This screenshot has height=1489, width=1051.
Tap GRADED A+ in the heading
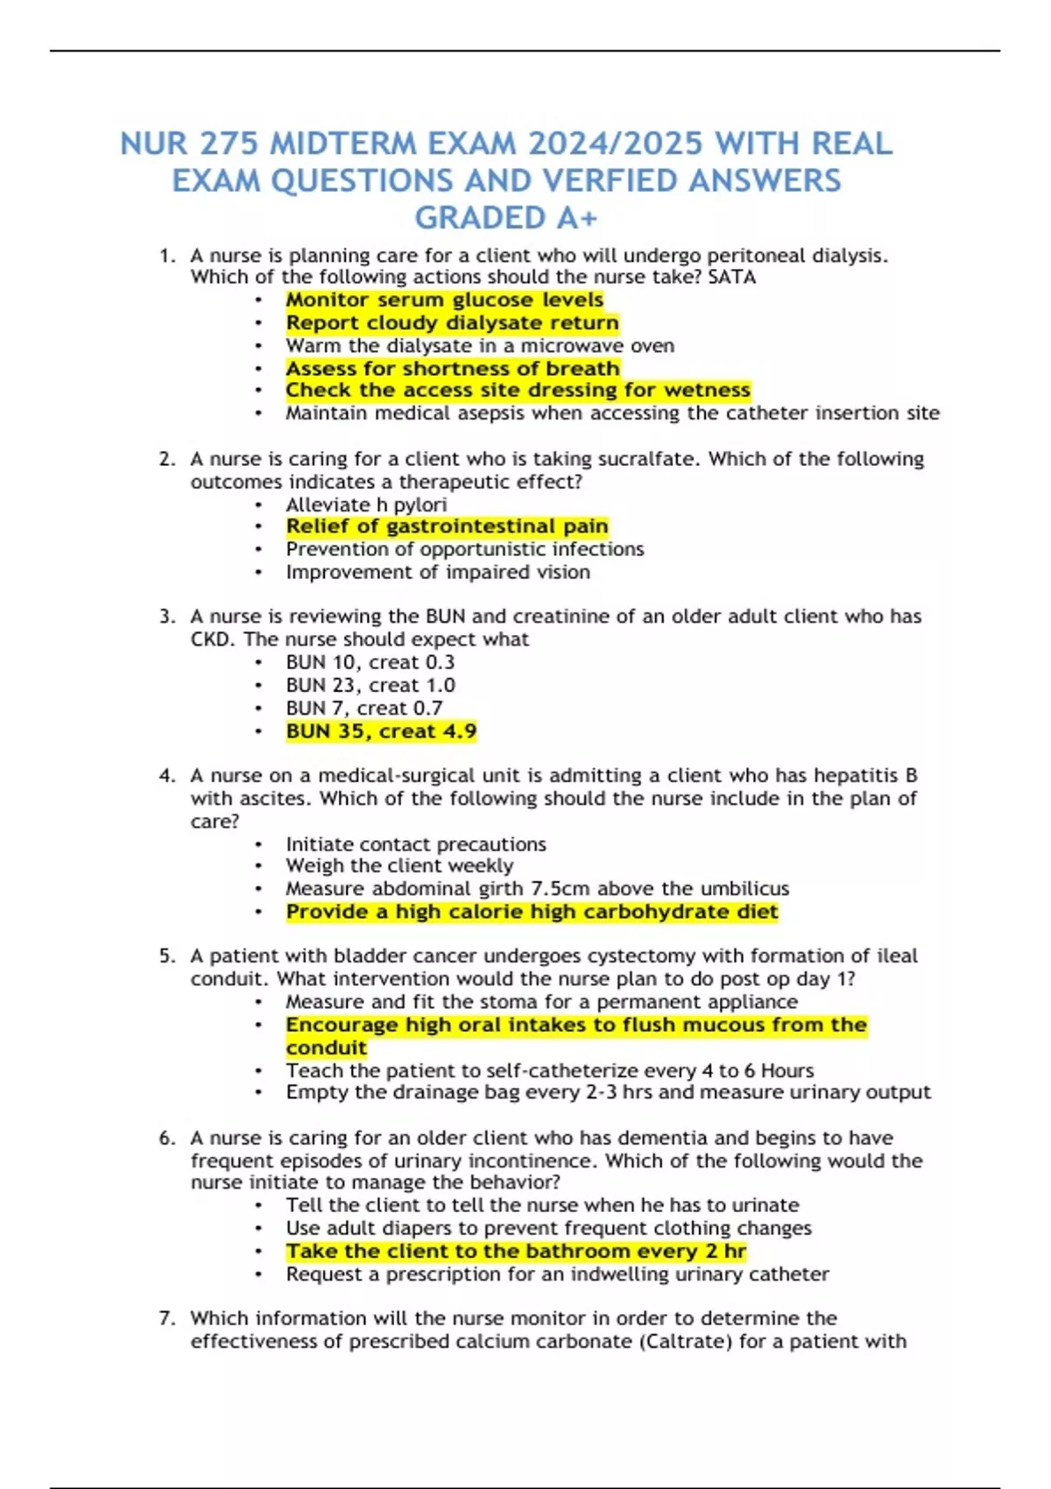pos(505,217)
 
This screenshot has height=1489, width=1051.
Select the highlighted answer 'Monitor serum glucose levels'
pos(444,300)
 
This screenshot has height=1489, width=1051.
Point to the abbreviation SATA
pos(732,278)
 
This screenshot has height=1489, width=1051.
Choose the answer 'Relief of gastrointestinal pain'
pos(447,526)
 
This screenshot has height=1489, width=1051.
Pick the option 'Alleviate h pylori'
pos(366,505)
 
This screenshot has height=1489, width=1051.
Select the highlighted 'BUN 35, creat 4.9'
pos(381,731)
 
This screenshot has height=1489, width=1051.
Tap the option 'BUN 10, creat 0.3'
pos(370,662)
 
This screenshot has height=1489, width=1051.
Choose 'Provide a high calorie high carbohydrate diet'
pos(532,912)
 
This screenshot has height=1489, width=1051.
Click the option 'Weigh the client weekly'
pos(399,866)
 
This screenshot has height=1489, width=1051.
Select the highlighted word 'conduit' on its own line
pos(326,1048)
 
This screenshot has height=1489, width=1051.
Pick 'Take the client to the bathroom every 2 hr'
pos(516,1252)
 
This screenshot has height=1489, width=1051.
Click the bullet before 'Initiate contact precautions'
pos(258,844)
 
